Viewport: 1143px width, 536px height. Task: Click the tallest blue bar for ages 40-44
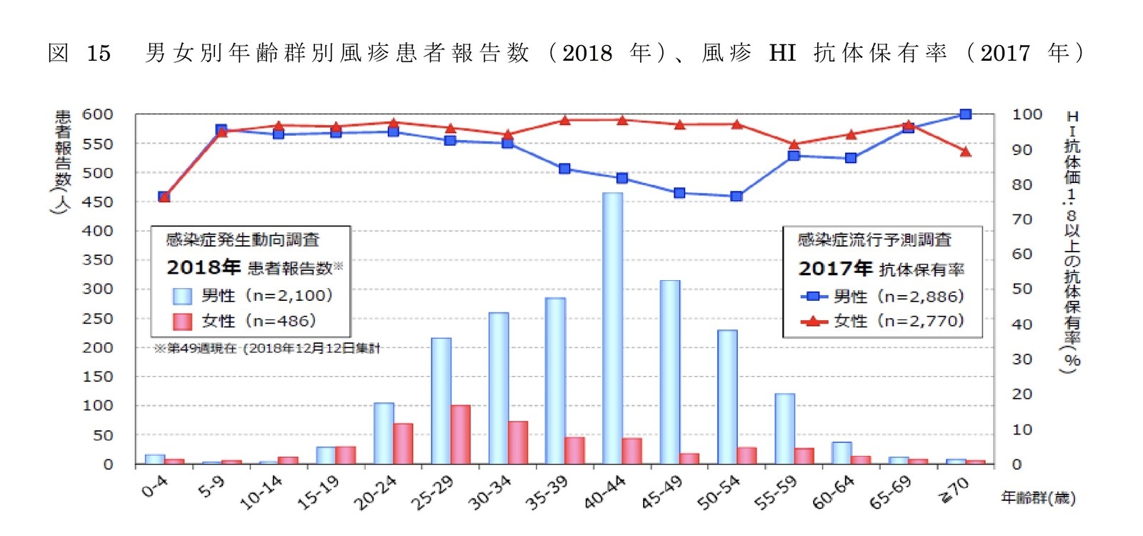click(x=612, y=329)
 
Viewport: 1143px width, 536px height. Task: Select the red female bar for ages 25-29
click(x=460, y=435)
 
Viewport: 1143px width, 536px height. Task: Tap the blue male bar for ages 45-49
click(x=669, y=372)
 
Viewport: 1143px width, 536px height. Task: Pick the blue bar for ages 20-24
click(x=384, y=433)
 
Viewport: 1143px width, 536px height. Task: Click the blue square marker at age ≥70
click(x=965, y=114)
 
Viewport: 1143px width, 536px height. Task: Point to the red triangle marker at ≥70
click(x=965, y=152)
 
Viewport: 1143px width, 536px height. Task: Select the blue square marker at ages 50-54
click(x=737, y=196)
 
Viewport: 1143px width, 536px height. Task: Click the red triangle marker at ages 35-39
click(x=564, y=120)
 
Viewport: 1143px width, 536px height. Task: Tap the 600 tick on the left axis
click(x=98, y=114)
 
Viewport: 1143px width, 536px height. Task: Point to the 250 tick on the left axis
click(x=98, y=318)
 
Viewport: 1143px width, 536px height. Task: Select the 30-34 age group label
click(x=489, y=493)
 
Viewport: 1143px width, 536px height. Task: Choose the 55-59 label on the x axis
click(x=775, y=493)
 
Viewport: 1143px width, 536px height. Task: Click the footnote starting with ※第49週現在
click(x=267, y=349)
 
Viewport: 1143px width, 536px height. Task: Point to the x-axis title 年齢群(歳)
click(x=1037, y=497)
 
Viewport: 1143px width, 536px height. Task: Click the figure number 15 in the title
click(x=99, y=53)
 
